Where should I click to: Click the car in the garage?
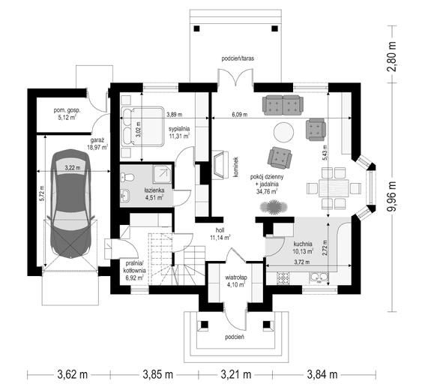tap(70, 204)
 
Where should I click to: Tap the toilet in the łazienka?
tap(127, 177)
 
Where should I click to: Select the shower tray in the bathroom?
tap(162, 174)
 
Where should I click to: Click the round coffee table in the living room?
tap(284, 133)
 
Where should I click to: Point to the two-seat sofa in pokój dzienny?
tap(283, 105)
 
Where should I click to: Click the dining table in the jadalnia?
tap(334, 188)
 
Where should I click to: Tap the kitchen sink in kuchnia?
tap(319, 278)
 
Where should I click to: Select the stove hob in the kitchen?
tap(283, 278)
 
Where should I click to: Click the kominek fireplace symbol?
tap(221, 165)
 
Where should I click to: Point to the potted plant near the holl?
tap(274, 207)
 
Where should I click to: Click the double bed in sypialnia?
tap(142, 126)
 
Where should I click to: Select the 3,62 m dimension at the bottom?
tap(73, 374)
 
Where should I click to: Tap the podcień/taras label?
tap(238, 58)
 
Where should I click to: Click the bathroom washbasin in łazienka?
tap(125, 195)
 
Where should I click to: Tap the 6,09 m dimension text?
tap(240, 114)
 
